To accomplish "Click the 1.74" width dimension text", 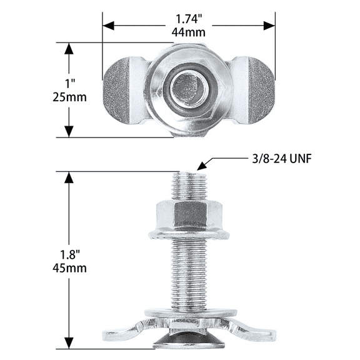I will [x=189, y=19].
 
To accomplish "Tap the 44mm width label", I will [x=189, y=32].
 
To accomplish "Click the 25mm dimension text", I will [x=69, y=97].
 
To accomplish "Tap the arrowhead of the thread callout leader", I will [x=199, y=167].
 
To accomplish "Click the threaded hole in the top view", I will [x=189, y=89].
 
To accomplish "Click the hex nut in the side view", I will [x=189, y=214].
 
